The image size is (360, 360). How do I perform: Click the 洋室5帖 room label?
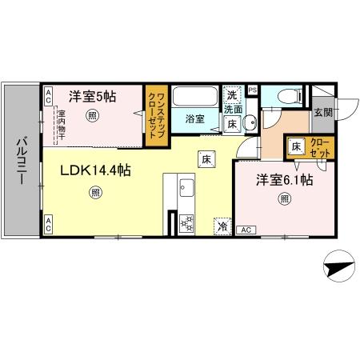tap(92, 97)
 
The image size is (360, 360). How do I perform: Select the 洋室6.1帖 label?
tap(284, 181)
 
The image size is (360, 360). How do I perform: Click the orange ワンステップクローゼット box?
tap(155, 116)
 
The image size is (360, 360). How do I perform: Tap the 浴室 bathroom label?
tap(194, 119)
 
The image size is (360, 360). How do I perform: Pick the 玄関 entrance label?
tap(322, 112)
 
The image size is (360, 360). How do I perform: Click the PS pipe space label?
tap(252, 90)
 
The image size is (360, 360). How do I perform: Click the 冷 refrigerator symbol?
tap(222, 227)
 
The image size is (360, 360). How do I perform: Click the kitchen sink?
tap(186, 190)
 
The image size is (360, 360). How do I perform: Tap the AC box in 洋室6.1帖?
tap(246, 230)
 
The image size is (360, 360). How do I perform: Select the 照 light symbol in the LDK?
tap(95, 193)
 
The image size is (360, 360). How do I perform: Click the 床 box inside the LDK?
tap(206, 159)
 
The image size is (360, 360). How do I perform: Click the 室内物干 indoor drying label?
tap(61, 124)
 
